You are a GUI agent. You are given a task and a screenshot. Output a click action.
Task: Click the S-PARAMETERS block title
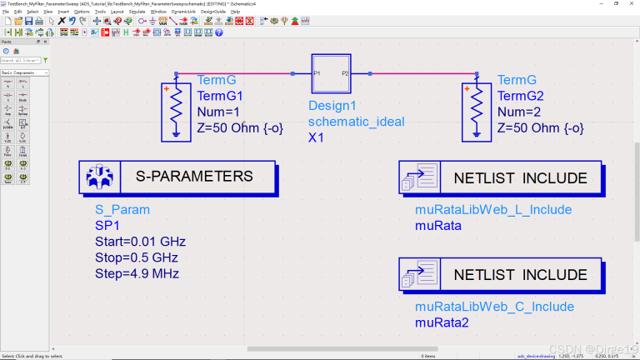pyautogui.click(x=193, y=177)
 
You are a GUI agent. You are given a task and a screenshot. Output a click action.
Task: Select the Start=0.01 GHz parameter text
pyautogui.click(x=140, y=242)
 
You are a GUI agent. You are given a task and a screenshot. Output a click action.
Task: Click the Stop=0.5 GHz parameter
pyautogui.click(x=136, y=257)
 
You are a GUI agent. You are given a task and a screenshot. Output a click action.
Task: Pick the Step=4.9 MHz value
pyautogui.click(x=137, y=273)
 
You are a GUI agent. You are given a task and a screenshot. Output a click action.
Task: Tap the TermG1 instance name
pyautogui.click(x=219, y=96)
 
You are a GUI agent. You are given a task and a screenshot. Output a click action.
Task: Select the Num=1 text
pyautogui.click(x=218, y=112)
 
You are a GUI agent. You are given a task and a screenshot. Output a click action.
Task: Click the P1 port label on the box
pyautogui.click(x=317, y=74)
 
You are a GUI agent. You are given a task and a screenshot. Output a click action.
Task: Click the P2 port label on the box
pyautogui.click(x=345, y=74)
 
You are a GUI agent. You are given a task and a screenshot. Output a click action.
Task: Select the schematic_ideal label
pyautogui.click(x=356, y=122)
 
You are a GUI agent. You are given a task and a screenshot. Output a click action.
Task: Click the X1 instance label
pyautogui.click(x=317, y=137)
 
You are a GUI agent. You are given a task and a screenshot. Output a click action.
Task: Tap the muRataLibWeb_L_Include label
pyautogui.click(x=494, y=210)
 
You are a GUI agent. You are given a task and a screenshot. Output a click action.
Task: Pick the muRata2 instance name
pyautogui.click(x=442, y=322)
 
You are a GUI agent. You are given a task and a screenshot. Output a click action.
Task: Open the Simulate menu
pyautogui.click(x=137, y=12)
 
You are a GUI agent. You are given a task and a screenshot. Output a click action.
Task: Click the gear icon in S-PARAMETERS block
pyautogui.click(x=100, y=177)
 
